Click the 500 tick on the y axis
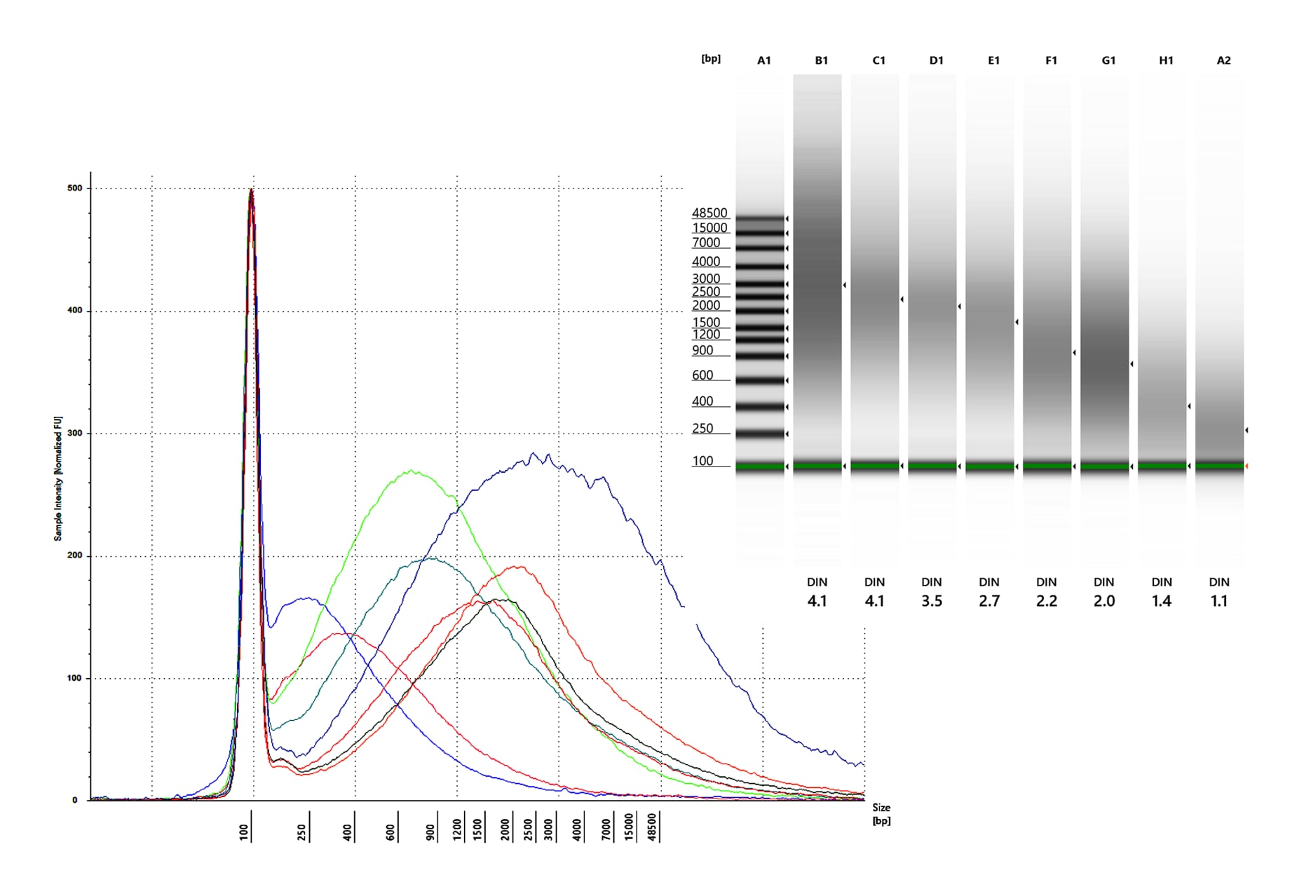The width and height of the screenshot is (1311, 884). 74,188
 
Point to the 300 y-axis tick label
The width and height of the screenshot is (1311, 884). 74,434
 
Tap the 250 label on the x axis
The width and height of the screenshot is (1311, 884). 302,831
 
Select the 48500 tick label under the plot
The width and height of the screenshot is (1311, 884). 653,827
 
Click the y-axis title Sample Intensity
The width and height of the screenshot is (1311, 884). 58,478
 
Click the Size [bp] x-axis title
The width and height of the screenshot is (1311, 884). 881,814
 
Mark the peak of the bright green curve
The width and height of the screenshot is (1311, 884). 412,471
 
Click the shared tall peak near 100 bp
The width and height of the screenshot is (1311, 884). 251,190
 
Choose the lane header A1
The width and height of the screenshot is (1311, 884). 764,61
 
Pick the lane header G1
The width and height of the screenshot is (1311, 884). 1108,61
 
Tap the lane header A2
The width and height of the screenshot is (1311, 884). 1223,61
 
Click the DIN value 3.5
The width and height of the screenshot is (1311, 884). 932,601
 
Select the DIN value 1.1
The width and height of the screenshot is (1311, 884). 1219,601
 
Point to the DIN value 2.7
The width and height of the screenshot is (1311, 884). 989,601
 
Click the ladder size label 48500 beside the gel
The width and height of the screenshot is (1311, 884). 709,213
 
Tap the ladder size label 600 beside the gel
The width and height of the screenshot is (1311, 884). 702,375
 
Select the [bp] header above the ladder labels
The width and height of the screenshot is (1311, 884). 711,59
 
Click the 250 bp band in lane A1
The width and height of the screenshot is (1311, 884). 760,434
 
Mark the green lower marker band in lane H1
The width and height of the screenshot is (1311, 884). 1162,466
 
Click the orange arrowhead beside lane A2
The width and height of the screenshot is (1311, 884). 1247,466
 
